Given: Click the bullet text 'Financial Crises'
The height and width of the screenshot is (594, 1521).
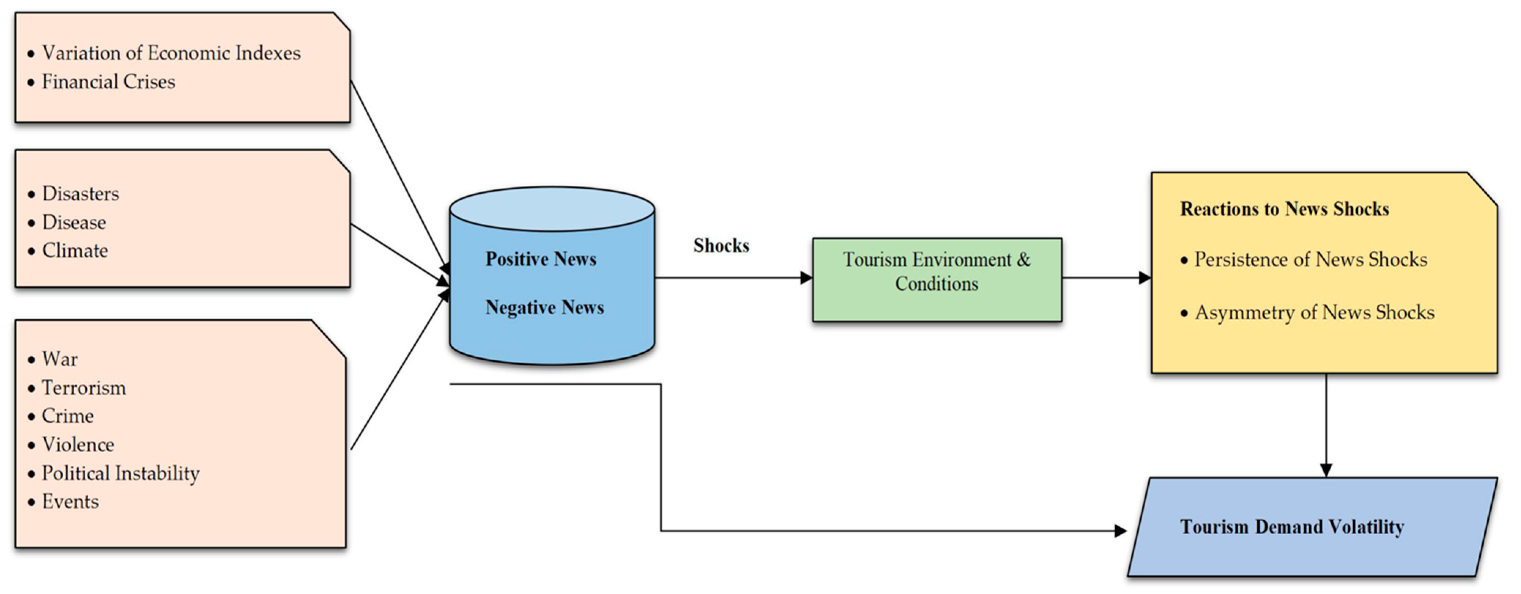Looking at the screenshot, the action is (108, 82).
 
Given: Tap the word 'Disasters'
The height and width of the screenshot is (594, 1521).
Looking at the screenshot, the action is (80, 194).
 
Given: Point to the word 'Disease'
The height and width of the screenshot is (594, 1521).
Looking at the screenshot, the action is (74, 223).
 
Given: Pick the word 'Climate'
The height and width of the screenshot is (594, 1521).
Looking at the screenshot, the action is (75, 251).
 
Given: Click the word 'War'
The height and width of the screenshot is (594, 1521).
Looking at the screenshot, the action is (60, 359).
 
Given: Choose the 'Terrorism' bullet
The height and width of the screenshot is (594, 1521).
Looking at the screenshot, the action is (84, 388).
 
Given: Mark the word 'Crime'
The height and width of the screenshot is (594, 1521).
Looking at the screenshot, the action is (68, 416).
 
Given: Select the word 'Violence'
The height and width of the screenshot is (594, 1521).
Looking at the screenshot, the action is (78, 445).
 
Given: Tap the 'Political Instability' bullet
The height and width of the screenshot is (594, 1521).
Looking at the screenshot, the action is (120, 474).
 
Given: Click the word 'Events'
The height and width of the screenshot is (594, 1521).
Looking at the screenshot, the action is (70, 502).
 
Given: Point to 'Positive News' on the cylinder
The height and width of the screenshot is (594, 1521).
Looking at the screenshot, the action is (541, 259).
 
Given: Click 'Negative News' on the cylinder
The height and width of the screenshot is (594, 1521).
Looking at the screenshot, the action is (544, 308).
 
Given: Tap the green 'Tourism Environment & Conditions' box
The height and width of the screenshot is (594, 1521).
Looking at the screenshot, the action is (937, 280).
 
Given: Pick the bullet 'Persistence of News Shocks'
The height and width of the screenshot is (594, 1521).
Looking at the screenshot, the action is (1311, 260).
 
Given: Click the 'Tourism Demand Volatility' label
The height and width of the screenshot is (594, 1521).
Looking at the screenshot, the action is (1292, 527).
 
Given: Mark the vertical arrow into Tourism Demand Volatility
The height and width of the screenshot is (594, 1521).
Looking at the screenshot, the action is (1326, 425).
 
